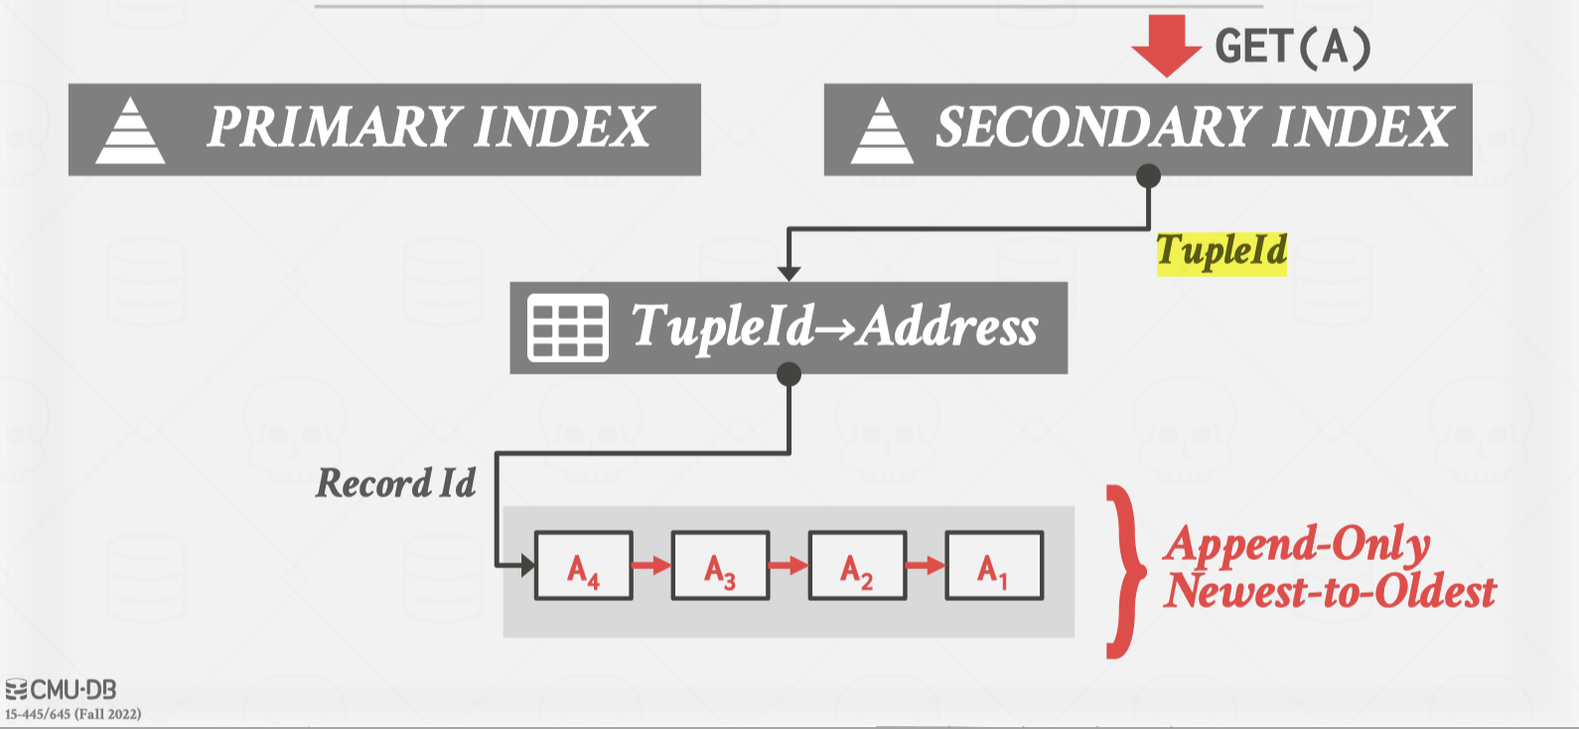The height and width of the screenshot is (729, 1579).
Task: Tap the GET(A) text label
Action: click(1292, 47)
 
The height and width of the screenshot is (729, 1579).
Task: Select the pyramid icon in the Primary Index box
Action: click(130, 130)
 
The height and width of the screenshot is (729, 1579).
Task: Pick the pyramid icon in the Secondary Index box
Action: click(882, 130)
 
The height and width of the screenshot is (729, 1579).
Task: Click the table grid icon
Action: click(567, 327)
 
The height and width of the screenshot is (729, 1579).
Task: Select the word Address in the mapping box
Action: click(948, 327)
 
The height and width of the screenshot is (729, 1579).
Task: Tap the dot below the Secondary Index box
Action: click(1148, 177)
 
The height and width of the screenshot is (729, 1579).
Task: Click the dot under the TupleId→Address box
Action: click(789, 374)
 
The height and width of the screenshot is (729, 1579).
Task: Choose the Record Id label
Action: click(395, 484)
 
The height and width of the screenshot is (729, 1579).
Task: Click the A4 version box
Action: click(583, 566)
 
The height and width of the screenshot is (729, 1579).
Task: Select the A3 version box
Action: click(720, 566)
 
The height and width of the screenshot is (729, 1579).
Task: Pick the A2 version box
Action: click(857, 566)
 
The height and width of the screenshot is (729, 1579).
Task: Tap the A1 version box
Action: click(994, 566)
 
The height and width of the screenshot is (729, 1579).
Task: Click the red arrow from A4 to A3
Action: click(651, 566)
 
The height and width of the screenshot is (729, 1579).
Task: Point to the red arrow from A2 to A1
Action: click(926, 566)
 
